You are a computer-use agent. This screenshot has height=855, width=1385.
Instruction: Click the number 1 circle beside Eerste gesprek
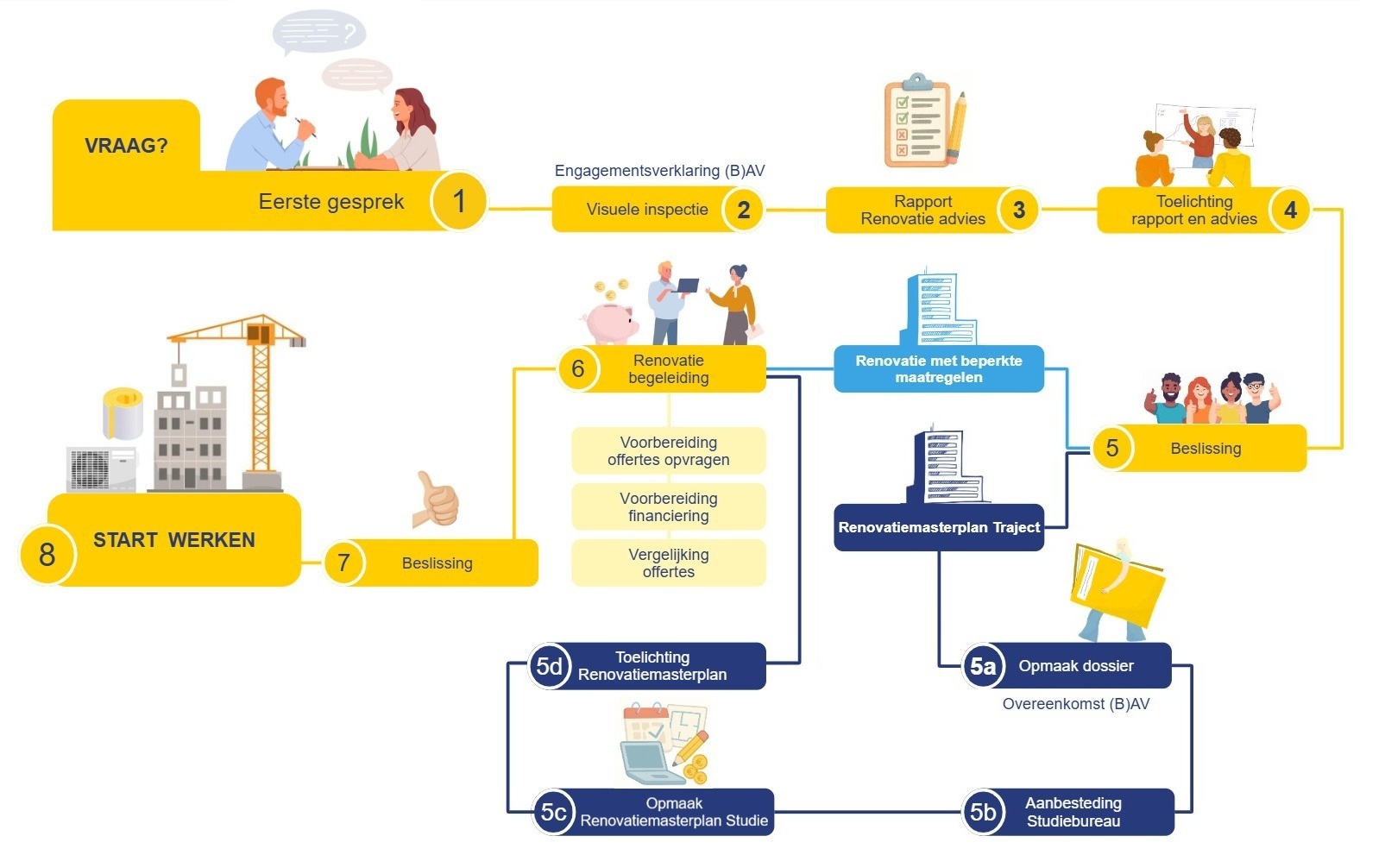(459, 201)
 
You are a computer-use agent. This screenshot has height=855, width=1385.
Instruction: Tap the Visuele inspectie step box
(647, 210)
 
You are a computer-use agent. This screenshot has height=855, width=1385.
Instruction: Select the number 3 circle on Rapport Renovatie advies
(1018, 210)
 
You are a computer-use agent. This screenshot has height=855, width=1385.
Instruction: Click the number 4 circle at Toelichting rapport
(1290, 210)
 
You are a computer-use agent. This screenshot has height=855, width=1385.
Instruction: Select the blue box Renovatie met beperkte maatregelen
(938, 369)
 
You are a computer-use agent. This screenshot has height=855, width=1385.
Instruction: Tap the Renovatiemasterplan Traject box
(938, 527)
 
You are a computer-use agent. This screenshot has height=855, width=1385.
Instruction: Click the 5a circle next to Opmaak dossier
(983, 666)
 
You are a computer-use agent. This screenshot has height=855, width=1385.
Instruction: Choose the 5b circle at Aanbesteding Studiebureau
(983, 812)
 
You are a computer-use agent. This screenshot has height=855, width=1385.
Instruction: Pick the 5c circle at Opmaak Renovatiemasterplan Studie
(553, 812)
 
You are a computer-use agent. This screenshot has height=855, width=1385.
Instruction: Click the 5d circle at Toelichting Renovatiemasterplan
(550, 666)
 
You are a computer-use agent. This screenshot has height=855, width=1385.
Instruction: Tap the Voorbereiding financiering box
(668, 507)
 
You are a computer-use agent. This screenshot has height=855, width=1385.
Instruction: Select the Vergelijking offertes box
(668, 563)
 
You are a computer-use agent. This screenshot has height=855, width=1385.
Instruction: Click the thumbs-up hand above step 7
(437, 500)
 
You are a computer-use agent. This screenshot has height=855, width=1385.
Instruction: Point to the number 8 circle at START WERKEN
(47, 555)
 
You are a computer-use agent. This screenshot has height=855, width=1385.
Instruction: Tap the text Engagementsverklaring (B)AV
(659, 171)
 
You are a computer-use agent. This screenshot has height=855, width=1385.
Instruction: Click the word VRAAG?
(126, 146)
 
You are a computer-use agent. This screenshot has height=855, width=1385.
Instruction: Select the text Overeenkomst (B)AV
(1075, 704)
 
